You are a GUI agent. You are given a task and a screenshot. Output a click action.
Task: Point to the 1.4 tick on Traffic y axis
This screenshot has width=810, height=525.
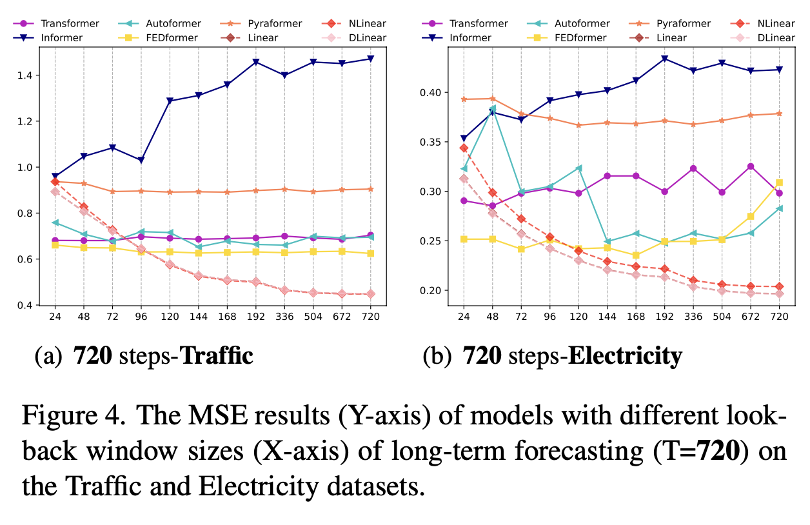click(x=34, y=75)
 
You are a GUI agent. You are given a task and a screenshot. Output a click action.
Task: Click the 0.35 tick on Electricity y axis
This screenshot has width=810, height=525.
click(x=432, y=142)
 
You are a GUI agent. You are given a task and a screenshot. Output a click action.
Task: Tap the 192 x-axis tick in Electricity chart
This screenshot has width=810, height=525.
click(x=665, y=317)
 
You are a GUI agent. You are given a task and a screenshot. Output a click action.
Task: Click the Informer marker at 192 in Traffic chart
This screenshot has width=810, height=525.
click(x=256, y=62)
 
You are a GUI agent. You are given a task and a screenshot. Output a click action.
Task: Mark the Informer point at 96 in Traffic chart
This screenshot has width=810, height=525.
click(x=141, y=160)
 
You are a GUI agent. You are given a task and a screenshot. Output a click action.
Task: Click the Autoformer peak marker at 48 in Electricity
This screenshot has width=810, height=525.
click(x=492, y=108)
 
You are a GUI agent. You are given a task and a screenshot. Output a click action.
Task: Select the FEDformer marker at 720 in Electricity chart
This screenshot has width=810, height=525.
click(x=779, y=183)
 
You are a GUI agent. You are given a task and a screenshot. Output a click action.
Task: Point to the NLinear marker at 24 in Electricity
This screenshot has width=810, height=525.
click(x=463, y=148)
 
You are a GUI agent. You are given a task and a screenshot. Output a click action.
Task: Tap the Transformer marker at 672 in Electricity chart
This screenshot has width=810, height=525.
click(x=751, y=166)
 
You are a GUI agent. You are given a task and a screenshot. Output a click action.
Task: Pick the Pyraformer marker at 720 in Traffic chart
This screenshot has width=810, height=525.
click(x=371, y=189)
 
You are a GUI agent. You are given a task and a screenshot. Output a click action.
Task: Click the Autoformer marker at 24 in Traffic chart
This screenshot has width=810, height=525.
click(x=55, y=223)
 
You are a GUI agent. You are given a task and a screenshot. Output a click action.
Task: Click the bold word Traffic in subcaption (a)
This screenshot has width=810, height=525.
click(x=215, y=355)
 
